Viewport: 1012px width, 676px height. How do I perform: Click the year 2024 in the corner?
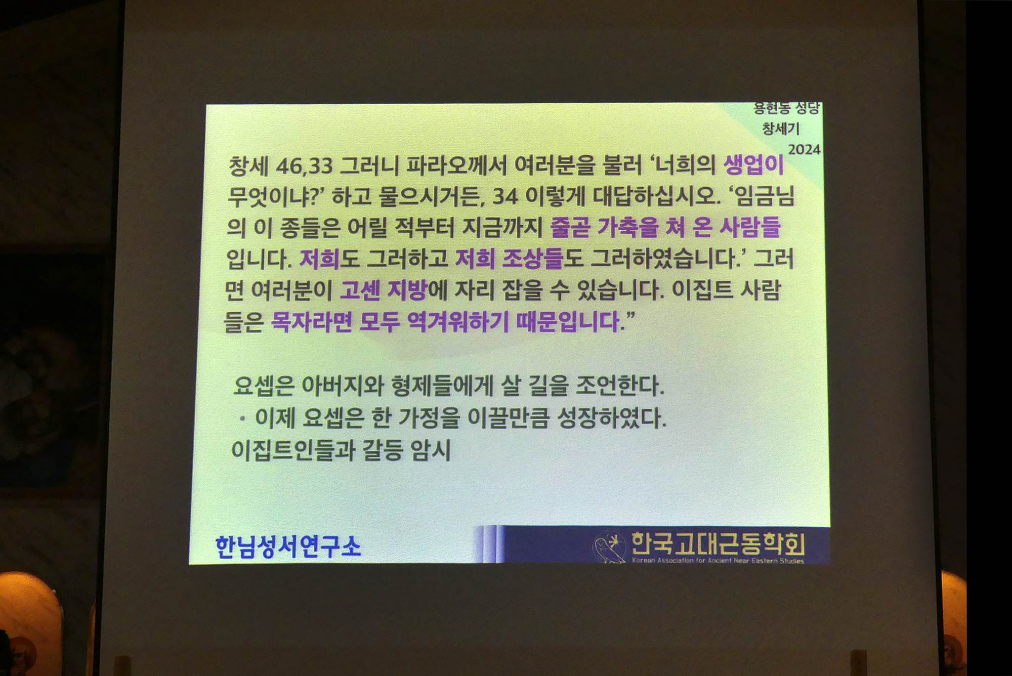pyautogui.click(x=804, y=149)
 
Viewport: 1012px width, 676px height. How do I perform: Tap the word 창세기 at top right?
pyautogui.click(x=781, y=129)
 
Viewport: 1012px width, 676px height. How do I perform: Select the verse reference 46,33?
pyautogui.click(x=304, y=166)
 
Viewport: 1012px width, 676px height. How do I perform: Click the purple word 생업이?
pyautogui.click(x=753, y=165)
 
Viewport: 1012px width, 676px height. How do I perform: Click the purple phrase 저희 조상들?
pyautogui.click(x=509, y=259)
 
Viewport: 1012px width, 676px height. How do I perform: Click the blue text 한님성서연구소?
pyautogui.click(x=288, y=546)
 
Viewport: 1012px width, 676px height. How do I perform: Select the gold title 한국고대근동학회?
pyautogui.click(x=718, y=543)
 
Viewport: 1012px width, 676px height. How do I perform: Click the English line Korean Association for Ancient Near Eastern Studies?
pyautogui.click(x=718, y=560)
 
